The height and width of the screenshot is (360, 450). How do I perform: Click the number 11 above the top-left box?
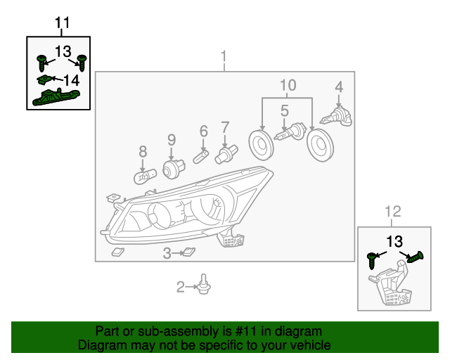[63, 23]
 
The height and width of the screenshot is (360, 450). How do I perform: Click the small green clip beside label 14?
[45, 79]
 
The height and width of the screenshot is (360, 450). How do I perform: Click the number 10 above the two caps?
[287, 86]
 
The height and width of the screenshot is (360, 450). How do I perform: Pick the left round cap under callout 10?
[262, 145]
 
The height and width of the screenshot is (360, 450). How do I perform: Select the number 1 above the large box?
[224, 56]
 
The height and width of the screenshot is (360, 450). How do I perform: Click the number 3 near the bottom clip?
[167, 253]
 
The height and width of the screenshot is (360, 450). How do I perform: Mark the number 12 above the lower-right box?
[394, 210]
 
